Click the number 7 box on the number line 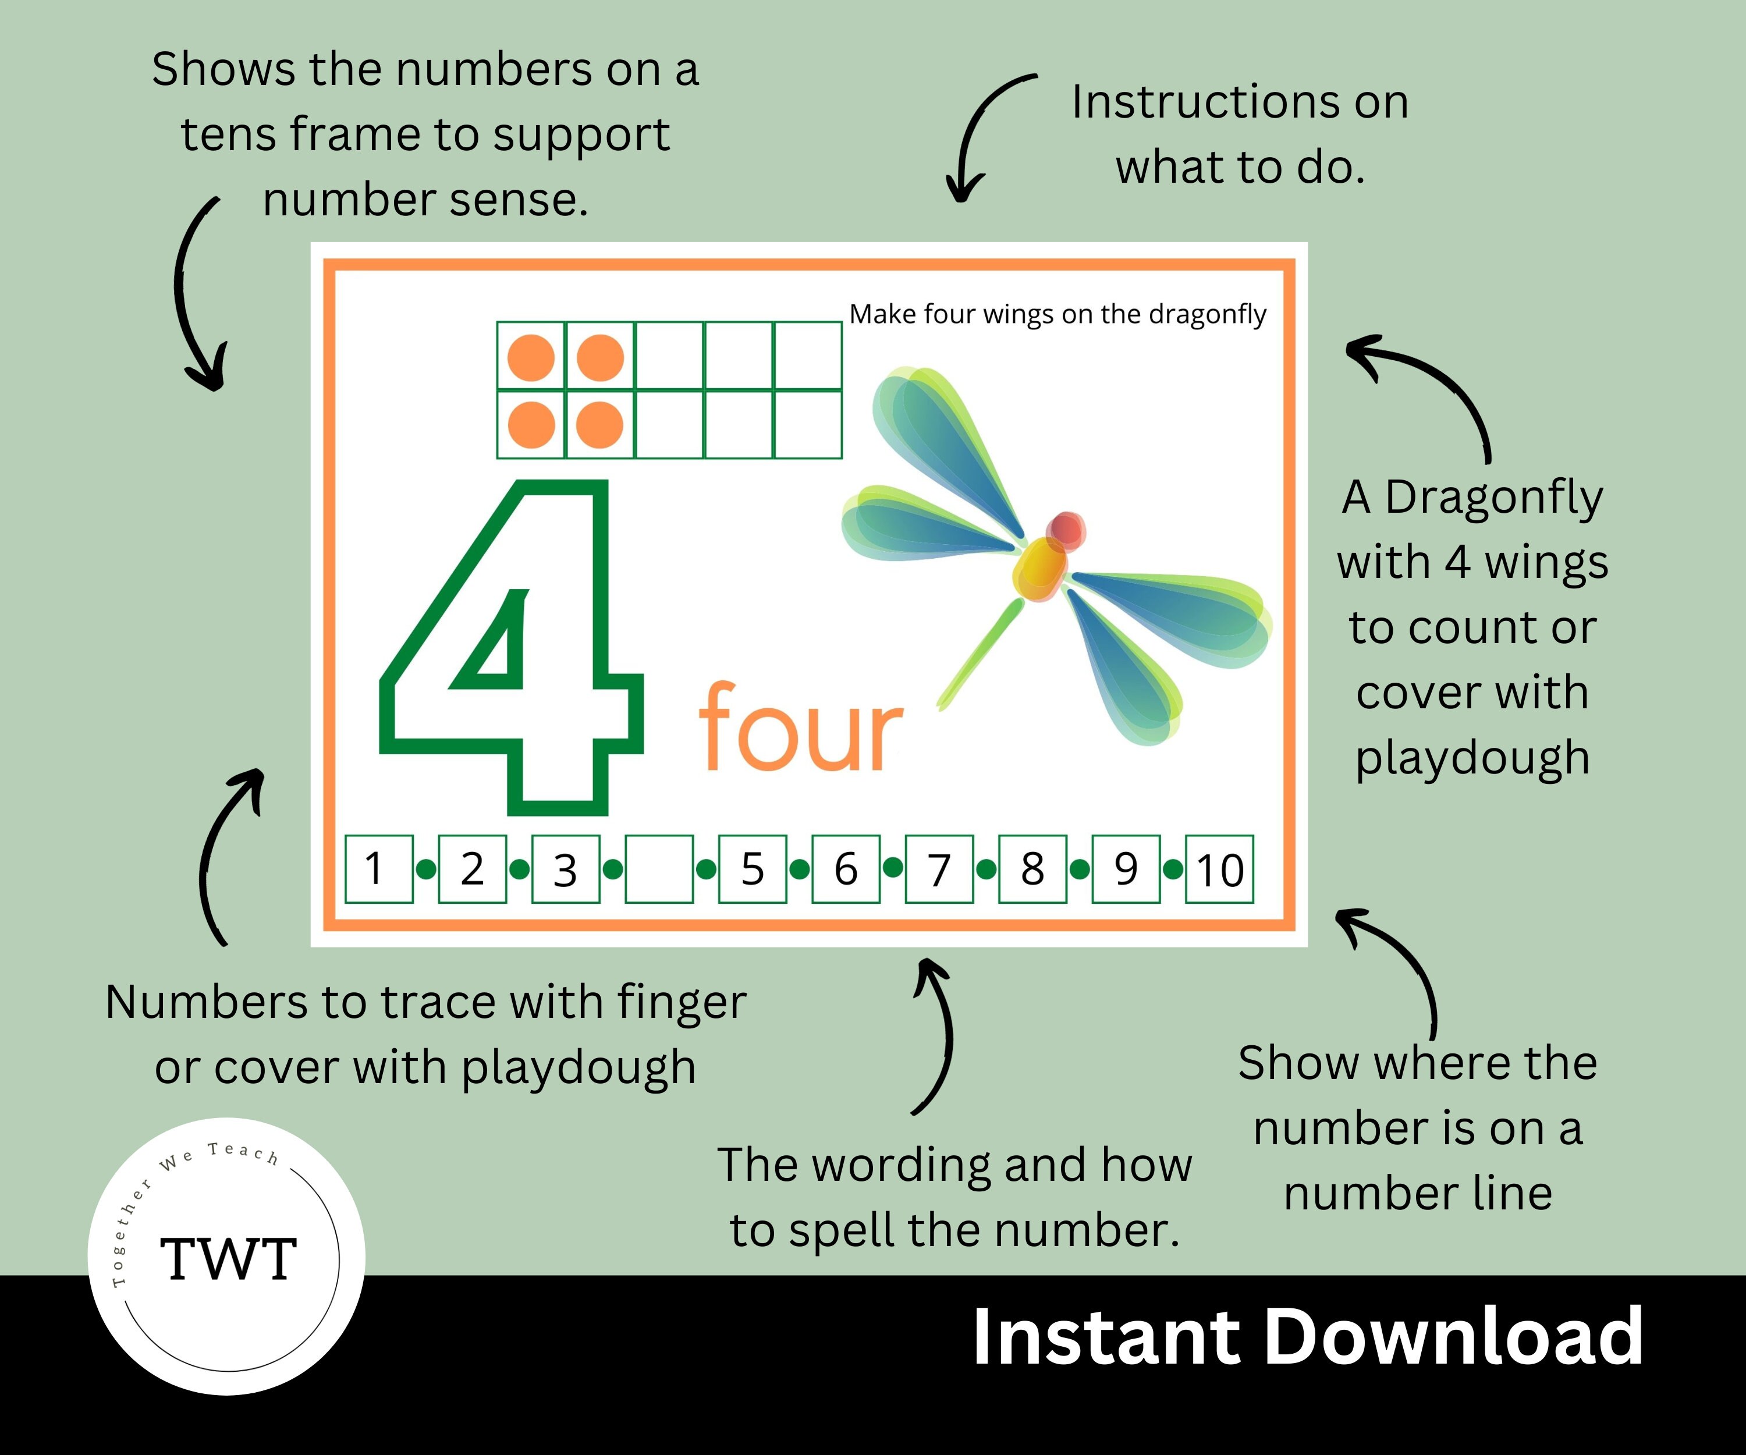(939, 869)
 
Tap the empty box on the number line (658, 869)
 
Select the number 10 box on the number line (1219, 869)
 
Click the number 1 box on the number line (378, 869)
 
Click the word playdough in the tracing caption (578, 1069)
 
